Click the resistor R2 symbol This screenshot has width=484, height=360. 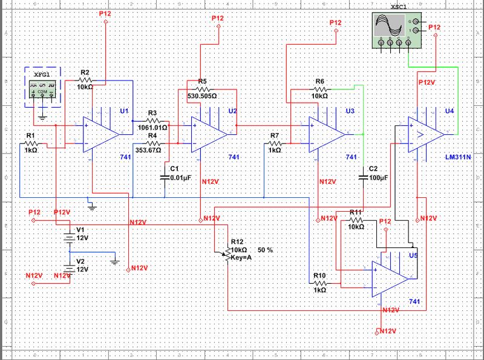[x=85, y=79]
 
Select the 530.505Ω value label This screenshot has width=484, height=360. [x=202, y=96]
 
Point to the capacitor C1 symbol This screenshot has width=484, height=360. [x=165, y=177]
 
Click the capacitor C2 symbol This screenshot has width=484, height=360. [x=363, y=177]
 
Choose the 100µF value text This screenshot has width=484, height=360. [x=378, y=178]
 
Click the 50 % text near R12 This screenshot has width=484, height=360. [x=265, y=250]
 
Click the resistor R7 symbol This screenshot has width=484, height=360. [x=275, y=143]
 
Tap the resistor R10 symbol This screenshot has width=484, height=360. [x=319, y=282]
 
